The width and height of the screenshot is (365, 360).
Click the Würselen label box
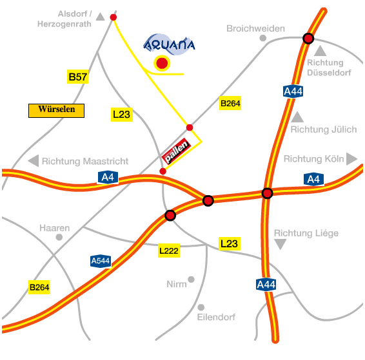coord(56,111)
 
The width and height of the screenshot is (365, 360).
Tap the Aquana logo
coord(169,44)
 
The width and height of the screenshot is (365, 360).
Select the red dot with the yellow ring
coord(162,63)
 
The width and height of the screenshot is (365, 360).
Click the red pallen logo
coord(177,151)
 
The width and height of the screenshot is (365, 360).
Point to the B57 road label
coord(78,77)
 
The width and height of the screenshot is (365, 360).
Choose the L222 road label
coord(169,251)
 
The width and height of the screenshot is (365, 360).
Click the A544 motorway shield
coord(101,261)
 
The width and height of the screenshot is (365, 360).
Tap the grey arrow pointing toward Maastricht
coord(34,161)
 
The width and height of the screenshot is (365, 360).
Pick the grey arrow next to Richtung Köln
coord(351,158)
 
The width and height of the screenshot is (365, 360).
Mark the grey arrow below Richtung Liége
coord(281,244)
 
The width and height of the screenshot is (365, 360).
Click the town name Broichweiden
coord(255,28)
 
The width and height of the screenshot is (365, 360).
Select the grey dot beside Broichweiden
coord(263,38)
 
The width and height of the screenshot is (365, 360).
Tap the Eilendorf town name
coord(216,317)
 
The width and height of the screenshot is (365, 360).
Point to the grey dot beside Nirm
coord(191,279)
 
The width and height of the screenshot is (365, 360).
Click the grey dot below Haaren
coord(59,237)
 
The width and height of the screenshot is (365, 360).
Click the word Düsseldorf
coord(329,73)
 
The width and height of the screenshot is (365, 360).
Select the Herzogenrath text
coord(64,24)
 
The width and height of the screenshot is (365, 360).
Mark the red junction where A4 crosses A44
coord(267,193)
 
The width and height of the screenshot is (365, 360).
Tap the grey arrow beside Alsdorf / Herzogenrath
coord(101,17)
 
